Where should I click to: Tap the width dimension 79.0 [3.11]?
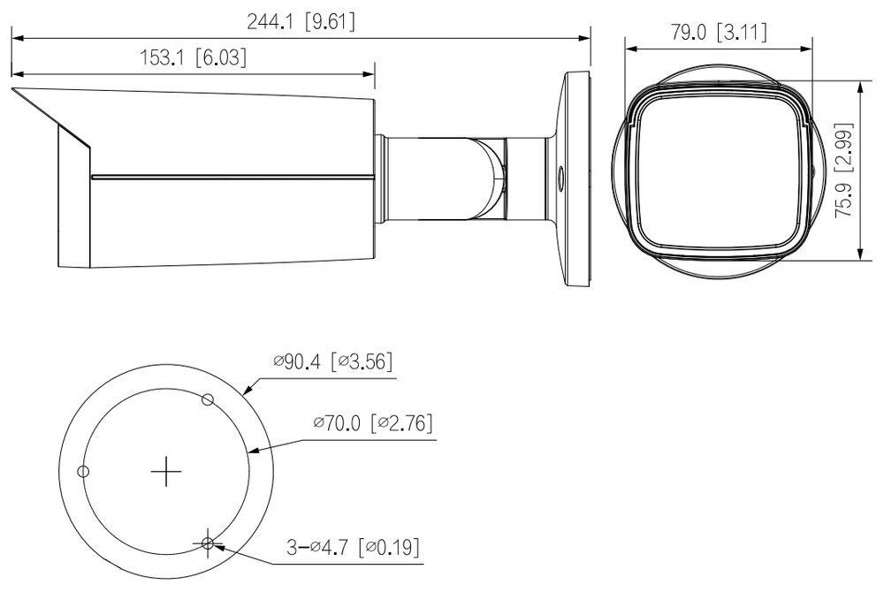point(718,33)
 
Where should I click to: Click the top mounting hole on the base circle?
point(208,400)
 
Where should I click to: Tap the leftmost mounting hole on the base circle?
point(83,471)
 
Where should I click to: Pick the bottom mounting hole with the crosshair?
point(208,543)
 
